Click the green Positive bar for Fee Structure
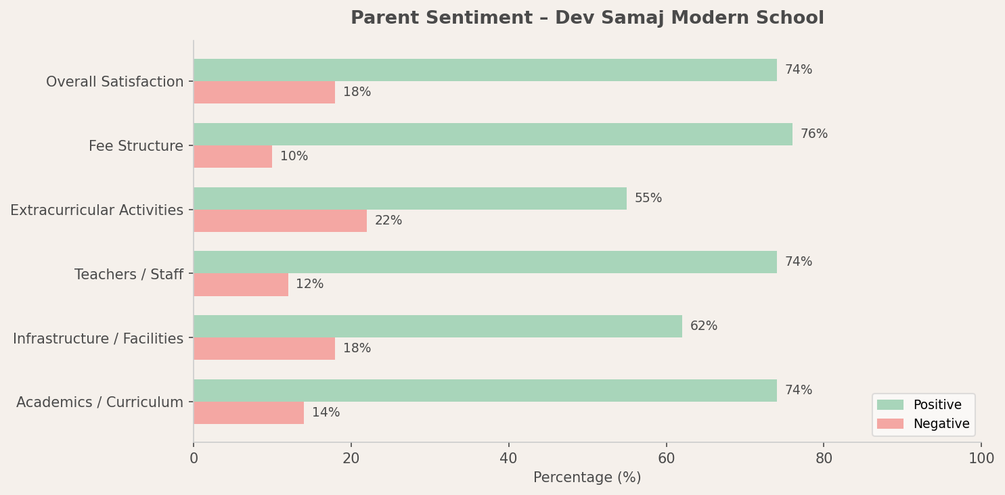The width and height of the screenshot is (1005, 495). [493, 134]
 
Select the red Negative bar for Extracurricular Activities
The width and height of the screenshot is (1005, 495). [280, 220]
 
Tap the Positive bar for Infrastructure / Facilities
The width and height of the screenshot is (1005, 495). [438, 326]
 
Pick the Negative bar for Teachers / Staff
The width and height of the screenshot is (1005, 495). [241, 285]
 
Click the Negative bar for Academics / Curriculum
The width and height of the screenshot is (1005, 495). [248, 412]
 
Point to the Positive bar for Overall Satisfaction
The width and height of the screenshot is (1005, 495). [485, 70]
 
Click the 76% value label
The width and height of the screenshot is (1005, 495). [814, 134]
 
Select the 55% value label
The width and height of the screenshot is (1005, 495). [648, 198]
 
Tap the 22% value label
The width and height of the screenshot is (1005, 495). [388, 220]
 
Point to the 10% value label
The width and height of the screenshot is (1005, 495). [294, 156]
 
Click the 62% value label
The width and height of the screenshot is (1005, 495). [704, 326]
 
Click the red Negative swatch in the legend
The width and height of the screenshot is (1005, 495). [890, 424]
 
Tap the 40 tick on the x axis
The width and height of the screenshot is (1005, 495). [508, 458]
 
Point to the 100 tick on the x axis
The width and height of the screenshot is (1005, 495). [981, 458]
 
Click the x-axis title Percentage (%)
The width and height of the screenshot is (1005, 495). [587, 477]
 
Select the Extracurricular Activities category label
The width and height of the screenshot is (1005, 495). [97, 210]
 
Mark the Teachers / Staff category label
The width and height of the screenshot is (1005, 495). [129, 275]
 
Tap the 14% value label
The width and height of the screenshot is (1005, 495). [326, 412]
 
